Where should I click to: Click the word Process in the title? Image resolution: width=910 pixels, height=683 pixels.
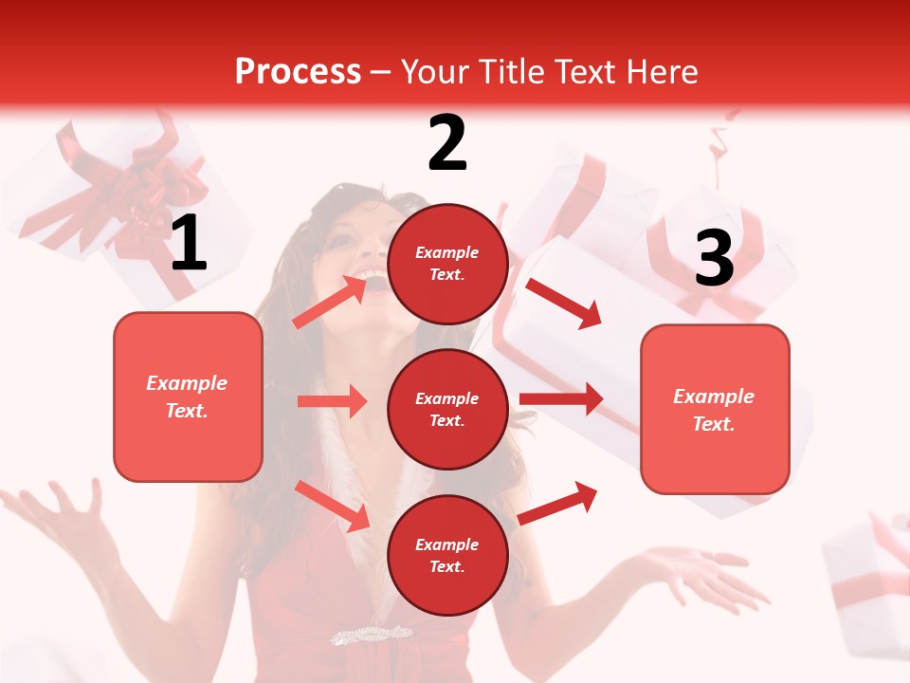[298, 71]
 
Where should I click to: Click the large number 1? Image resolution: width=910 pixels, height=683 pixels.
[189, 244]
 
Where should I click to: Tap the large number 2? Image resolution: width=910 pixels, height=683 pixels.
[447, 143]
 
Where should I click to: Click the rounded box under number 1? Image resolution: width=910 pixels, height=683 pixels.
[188, 397]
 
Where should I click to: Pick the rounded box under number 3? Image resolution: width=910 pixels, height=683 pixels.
[715, 409]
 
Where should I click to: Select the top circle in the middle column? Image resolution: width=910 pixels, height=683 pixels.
[447, 264]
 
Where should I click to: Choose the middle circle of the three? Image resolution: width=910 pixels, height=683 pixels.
[447, 409]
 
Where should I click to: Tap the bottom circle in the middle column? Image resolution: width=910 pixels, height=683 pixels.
[447, 555]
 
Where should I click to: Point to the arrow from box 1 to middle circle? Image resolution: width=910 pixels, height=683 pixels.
[332, 401]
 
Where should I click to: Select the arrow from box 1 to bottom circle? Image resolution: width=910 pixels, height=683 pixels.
[332, 506]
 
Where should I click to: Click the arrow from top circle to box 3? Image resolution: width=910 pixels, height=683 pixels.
[564, 303]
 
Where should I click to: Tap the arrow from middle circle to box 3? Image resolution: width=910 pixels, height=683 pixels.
[561, 399]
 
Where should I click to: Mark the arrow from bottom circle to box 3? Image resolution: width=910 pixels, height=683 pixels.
[557, 503]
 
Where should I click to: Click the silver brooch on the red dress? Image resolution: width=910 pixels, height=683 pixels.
[371, 634]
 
